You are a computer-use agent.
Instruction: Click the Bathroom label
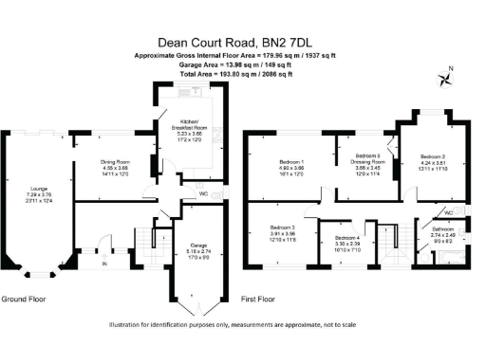pyautogui.click(x=443, y=229)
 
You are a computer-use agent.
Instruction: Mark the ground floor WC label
pyautogui.click(x=205, y=194)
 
